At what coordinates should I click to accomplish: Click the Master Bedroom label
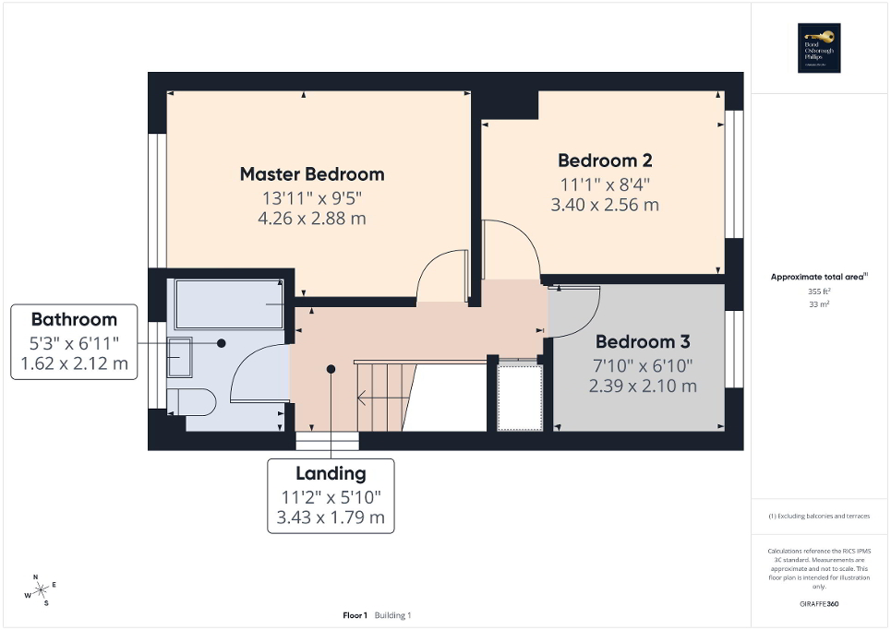pos(312,173)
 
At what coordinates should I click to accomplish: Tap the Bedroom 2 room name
pos(605,160)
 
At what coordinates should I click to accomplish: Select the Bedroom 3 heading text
pos(643,341)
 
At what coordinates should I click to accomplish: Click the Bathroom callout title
pos(74,320)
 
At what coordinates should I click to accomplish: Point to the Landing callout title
pos(331,473)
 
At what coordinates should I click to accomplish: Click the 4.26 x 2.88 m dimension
pos(312,219)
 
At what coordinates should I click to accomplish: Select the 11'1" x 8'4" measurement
pos(605,183)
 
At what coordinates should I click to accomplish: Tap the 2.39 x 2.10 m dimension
pos(643,386)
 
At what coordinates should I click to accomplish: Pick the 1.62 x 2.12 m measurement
pos(74,366)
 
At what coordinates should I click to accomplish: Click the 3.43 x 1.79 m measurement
pos(331,517)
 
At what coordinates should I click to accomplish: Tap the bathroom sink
pos(180,357)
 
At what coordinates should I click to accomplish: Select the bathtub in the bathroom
pos(230,303)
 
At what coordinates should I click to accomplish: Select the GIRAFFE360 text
pos(820,604)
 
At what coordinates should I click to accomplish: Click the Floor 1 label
pos(355,615)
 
